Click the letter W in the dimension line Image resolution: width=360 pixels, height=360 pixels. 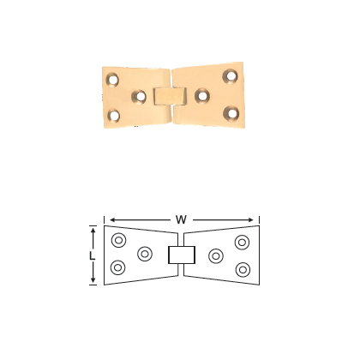pos(181,219)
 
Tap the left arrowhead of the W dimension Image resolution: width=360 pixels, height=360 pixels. pos(107,219)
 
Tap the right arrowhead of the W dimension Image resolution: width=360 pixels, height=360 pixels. pos(255,219)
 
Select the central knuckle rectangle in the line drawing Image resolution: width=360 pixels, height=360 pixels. pos(181,255)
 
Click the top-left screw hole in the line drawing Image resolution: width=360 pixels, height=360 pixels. pos(118,240)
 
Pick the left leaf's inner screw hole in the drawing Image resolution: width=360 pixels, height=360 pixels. pos(145,254)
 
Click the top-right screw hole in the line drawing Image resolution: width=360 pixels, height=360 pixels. pos(243,240)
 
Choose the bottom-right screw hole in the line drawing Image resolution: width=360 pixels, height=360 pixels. pos(243,269)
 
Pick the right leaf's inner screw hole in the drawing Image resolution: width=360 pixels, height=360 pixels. pos(216,255)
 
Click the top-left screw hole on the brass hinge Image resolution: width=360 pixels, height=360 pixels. pos(112,81)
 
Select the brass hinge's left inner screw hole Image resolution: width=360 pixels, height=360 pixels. pos(139,96)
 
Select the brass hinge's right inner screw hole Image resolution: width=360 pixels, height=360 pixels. pos(202,94)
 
